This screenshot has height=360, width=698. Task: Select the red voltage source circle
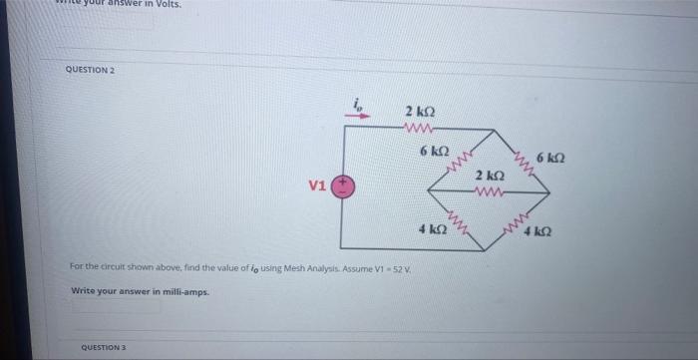[x=342, y=186]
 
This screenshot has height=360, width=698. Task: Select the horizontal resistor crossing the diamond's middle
[x=490, y=189]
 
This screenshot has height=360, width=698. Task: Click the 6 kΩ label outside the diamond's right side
[x=550, y=160]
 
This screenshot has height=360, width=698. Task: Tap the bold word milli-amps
[x=181, y=291]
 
